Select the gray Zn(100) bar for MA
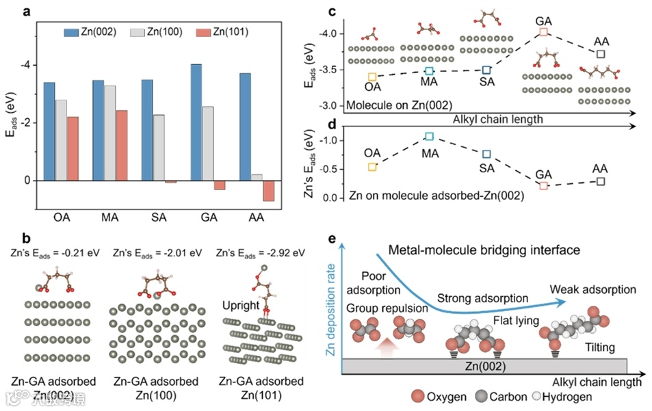(109, 133)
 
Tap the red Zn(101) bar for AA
(268, 191)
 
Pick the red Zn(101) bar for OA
(73, 148)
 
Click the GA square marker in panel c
(543, 31)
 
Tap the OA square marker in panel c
(372, 77)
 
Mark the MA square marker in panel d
(429, 136)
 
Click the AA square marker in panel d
(601, 181)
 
